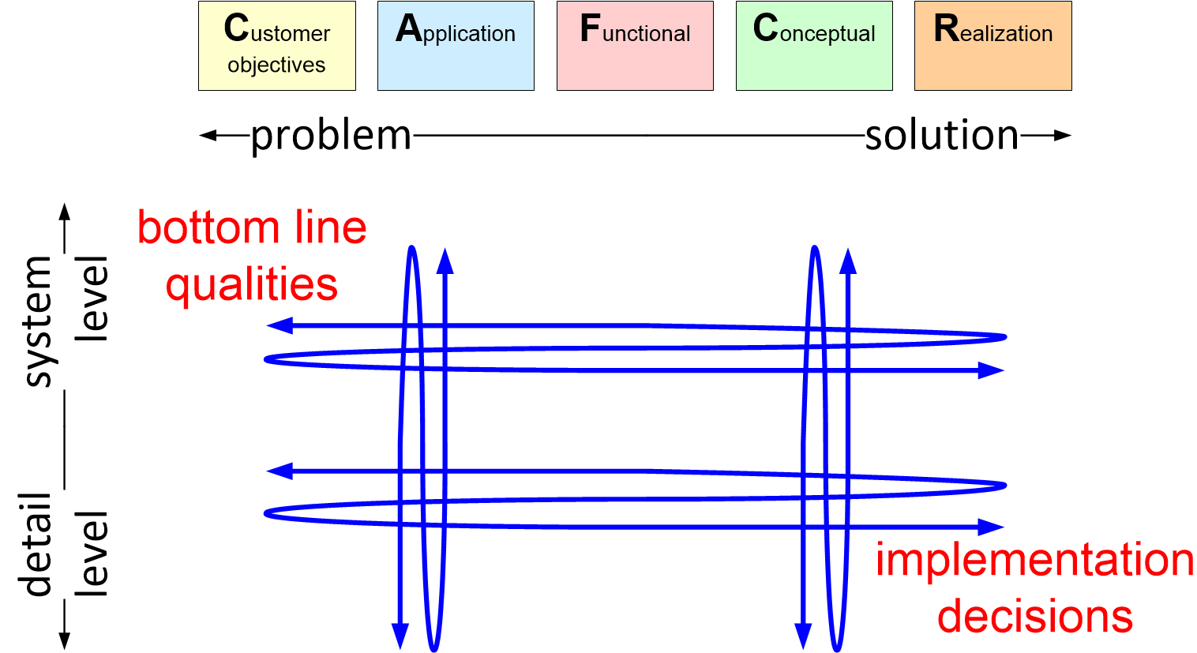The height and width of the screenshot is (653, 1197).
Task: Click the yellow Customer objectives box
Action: tap(276, 46)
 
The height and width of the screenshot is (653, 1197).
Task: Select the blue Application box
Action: tap(456, 46)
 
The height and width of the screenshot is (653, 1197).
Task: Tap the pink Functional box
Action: tap(635, 46)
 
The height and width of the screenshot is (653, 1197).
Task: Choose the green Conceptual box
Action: tap(814, 46)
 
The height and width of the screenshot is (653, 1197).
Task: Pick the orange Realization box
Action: tap(992, 46)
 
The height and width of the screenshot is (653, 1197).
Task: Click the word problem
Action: tap(331, 136)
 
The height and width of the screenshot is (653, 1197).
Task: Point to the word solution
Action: tap(942, 136)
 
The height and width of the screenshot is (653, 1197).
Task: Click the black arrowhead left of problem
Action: tap(207, 136)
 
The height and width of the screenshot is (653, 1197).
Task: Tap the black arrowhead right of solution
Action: tap(1063, 136)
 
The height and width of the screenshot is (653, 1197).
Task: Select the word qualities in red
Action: tap(252, 283)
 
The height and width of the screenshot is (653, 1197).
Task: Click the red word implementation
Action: tap(1034, 560)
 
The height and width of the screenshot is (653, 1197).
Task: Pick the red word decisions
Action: tap(1035, 616)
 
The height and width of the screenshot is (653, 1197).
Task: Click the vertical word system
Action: tap(38, 321)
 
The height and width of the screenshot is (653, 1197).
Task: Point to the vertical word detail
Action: tap(38, 545)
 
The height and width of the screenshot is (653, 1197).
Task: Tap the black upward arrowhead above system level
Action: tap(66, 210)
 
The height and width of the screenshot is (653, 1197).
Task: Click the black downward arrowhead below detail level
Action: tap(66, 640)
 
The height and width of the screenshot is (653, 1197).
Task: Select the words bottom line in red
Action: tap(252, 227)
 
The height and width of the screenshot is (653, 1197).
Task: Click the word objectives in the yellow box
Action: tap(276, 65)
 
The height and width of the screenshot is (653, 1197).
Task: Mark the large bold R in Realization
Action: tap(946, 29)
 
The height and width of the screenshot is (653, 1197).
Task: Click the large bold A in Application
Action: tap(409, 29)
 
